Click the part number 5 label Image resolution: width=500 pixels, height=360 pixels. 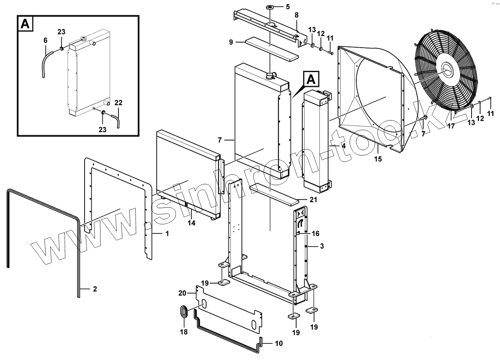click(x=288, y=7)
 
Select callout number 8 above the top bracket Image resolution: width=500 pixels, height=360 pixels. click(x=297, y=15)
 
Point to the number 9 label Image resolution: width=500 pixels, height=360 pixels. click(x=231, y=42)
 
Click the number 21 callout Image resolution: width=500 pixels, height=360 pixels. click(x=314, y=200)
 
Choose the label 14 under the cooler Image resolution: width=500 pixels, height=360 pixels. click(x=191, y=223)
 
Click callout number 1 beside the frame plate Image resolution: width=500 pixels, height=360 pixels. click(x=167, y=234)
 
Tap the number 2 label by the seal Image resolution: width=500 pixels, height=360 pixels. click(x=95, y=289)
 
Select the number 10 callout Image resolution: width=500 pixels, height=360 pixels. click(x=279, y=343)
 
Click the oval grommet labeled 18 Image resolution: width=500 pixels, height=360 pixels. click(x=184, y=312)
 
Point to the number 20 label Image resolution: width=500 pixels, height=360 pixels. click(x=182, y=293)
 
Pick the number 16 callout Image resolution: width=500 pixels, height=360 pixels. click(x=315, y=234)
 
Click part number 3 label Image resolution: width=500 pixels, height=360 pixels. click(x=322, y=246)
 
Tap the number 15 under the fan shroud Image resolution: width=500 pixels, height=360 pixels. click(x=378, y=159)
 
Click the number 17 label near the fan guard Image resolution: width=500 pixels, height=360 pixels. click(x=451, y=126)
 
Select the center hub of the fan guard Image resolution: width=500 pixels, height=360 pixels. click(x=448, y=70)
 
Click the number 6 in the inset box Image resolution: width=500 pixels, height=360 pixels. click(x=45, y=40)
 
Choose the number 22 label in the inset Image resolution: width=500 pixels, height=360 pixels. click(x=118, y=103)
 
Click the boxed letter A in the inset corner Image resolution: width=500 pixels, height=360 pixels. click(x=25, y=24)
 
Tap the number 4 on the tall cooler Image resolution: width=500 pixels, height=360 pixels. click(x=343, y=146)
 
